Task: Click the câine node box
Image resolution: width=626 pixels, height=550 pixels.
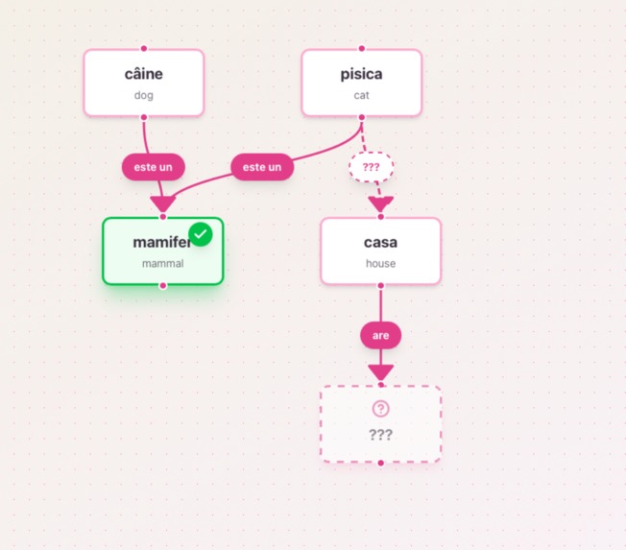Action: coord(144,83)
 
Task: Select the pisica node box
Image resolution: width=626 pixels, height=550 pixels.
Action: coord(362,83)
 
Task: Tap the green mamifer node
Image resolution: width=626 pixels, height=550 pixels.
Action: coord(163,251)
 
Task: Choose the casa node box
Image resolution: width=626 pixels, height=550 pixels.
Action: coord(381,251)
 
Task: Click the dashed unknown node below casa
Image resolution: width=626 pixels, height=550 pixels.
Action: coord(381,424)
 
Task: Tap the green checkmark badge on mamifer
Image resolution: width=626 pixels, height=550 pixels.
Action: coord(201,234)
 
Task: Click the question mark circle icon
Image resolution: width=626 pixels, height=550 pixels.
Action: coord(380,409)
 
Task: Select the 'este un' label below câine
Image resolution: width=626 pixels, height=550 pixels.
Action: coord(154,167)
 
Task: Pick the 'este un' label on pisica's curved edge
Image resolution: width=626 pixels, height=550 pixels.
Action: coord(262,167)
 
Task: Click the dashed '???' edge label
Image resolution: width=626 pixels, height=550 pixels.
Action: coord(371,167)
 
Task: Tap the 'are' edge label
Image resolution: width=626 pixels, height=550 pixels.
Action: coord(381,335)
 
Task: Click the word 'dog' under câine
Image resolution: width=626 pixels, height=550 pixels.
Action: coord(144,95)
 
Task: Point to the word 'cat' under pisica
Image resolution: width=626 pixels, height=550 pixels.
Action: coord(362,95)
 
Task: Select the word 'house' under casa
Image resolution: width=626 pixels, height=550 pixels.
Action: coord(381,263)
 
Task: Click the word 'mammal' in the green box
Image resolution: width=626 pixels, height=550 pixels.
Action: coord(163,263)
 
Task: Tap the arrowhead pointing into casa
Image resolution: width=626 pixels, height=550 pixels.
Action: coord(381,203)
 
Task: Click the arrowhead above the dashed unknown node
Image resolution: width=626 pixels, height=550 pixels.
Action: coord(381,372)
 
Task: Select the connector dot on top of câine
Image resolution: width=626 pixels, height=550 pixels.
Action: coord(144,49)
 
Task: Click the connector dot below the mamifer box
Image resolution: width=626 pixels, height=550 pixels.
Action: coord(163,285)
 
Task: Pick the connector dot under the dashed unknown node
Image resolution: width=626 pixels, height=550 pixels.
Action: coord(381,463)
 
